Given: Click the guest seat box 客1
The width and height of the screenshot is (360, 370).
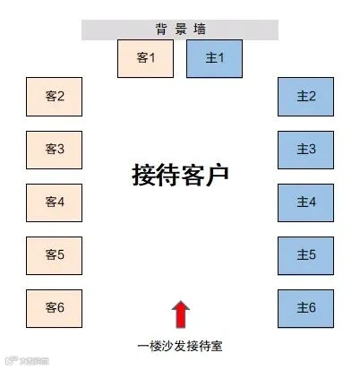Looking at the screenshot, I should [146, 58].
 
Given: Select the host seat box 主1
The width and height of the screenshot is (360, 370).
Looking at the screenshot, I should [213, 58].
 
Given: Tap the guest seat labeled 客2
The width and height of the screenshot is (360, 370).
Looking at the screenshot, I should [55, 96].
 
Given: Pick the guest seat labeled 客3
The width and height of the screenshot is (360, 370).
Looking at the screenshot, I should [55, 149].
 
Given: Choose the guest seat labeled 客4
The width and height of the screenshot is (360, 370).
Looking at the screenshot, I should [55, 202].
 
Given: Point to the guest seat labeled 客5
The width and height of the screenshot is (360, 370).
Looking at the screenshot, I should [55, 254].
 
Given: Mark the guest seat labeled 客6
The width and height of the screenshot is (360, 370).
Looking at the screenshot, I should [55, 307].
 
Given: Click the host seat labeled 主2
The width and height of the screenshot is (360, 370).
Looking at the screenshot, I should [305, 96].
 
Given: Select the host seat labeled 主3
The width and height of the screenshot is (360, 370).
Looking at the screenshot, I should [305, 149].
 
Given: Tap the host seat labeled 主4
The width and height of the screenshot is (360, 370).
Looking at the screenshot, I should [305, 202].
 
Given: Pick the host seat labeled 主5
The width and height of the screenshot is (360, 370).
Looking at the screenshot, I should [305, 254].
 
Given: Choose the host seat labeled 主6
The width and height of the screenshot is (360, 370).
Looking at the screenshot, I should [305, 307].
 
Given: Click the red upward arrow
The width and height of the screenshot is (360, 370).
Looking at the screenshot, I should [180, 314].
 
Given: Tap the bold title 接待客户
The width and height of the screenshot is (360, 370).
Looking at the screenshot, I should [180, 174].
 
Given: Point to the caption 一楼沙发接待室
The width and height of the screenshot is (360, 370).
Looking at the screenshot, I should [179, 346].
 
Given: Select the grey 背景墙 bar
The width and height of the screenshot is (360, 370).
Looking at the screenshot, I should [180, 30].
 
